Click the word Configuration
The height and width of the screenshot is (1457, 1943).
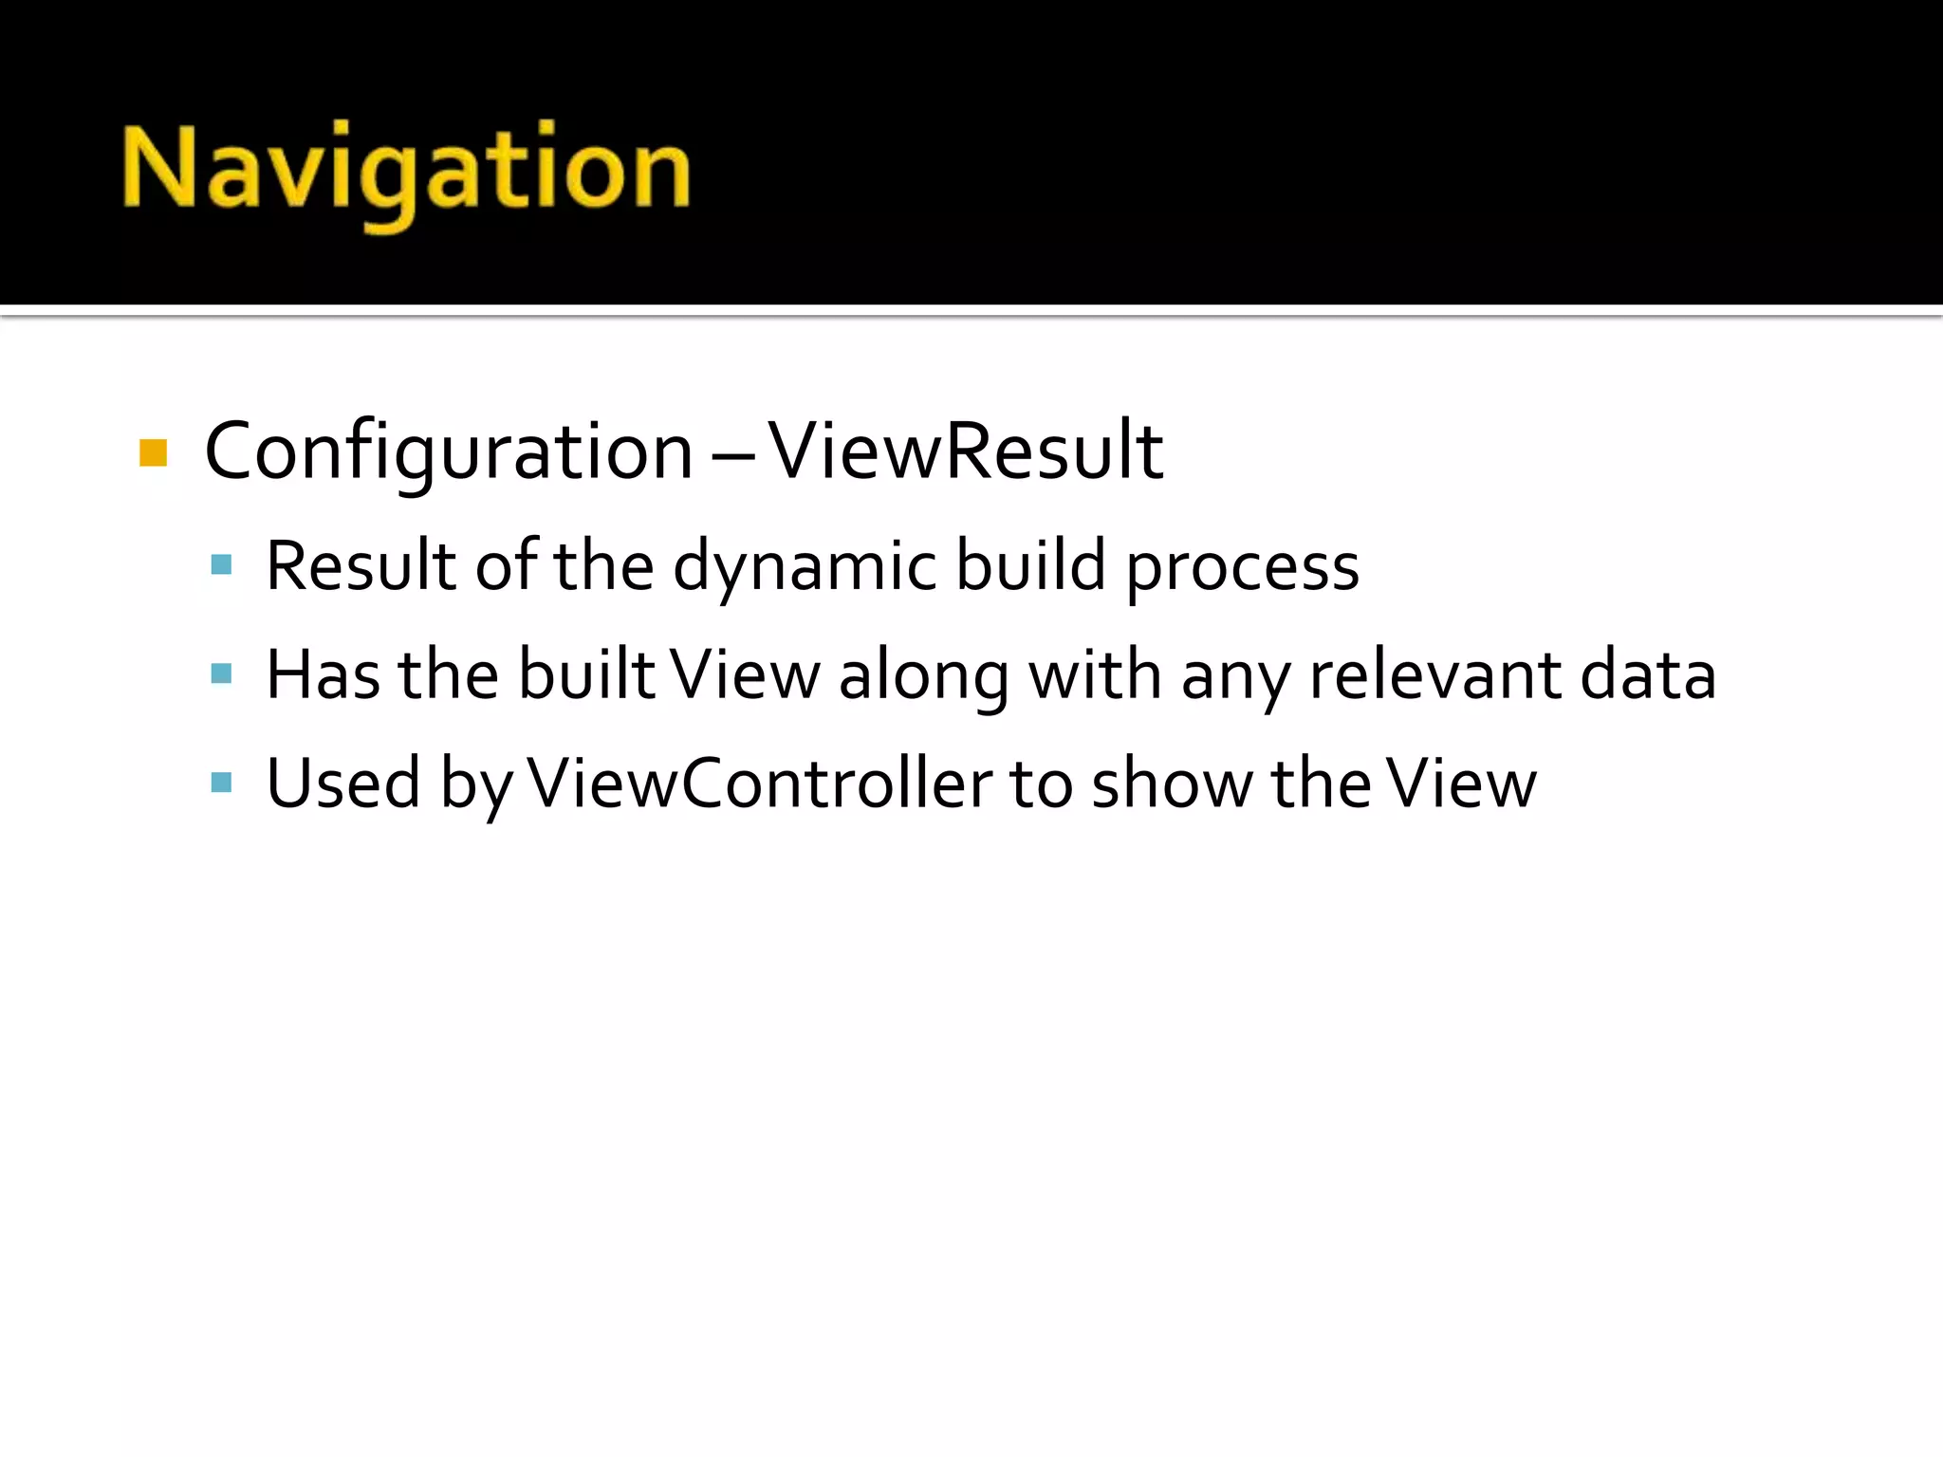(x=449, y=452)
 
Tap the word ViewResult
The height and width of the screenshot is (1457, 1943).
(x=965, y=452)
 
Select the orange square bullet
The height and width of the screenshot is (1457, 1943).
(x=153, y=452)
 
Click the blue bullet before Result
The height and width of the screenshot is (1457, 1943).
(x=221, y=566)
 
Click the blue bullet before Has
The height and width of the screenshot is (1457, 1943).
(x=221, y=674)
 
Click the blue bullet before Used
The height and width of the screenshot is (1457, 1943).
(x=221, y=783)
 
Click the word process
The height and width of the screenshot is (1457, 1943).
(x=1242, y=567)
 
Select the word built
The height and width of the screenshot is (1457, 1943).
(x=585, y=674)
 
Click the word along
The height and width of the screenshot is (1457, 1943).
(x=924, y=676)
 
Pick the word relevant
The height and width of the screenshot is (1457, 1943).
(x=1434, y=674)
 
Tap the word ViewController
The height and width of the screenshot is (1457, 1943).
(x=759, y=784)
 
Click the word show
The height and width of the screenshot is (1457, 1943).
(x=1172, y=784)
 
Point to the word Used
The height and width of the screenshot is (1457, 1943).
(x=342, y=784)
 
